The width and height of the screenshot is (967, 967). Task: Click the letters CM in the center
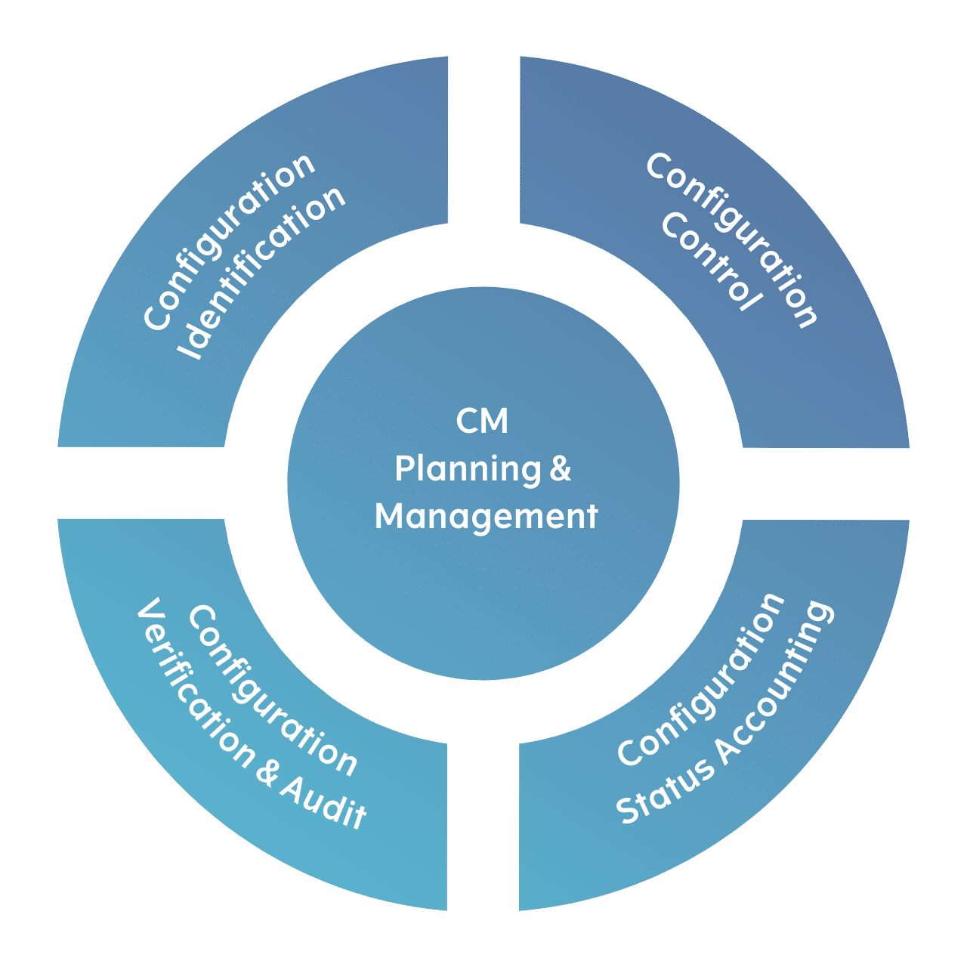tap(482, 421)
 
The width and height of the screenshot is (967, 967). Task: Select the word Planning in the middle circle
tap(468, 469)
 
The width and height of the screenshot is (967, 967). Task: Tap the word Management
tap(486, 517)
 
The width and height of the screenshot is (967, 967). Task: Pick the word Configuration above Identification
tap(229, 241)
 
